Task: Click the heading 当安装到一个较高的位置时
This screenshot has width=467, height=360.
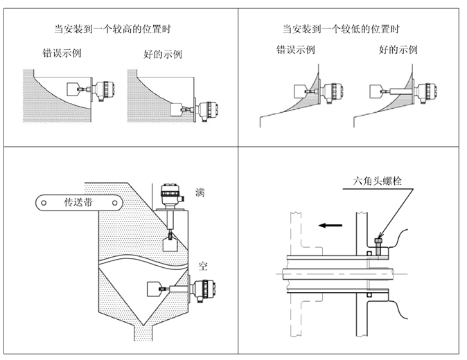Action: tap(113, 28)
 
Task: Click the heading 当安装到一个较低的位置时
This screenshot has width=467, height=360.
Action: tap(342, 28)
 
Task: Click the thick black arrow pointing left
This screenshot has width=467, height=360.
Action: tap(331, 224)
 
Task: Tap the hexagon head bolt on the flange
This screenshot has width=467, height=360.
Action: tap(378, 244)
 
